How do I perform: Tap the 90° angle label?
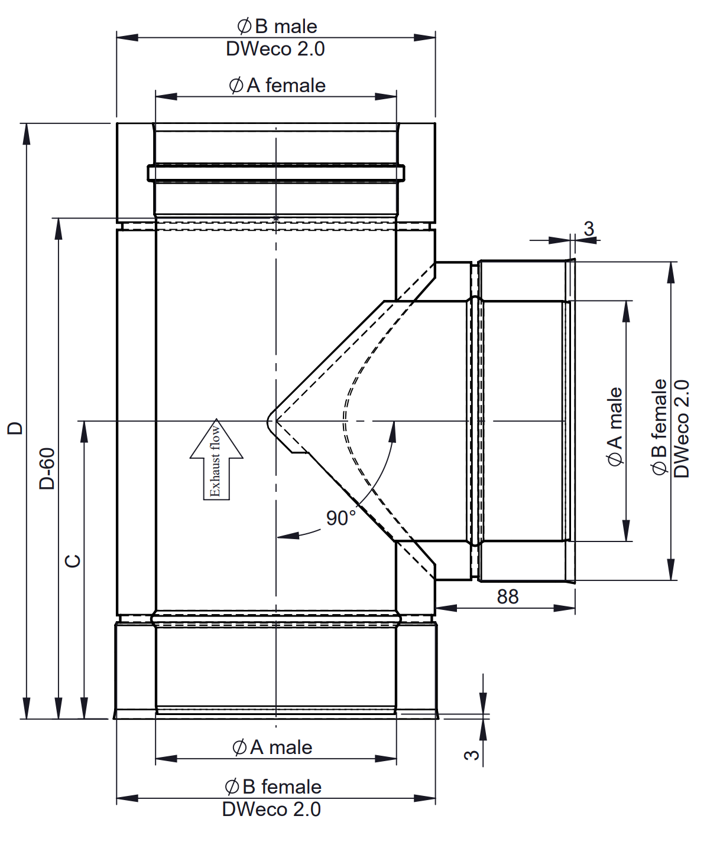(340, 518)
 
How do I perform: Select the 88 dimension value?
(507, 596)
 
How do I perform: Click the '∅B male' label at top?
(277, 26)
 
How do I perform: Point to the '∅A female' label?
(277, 85)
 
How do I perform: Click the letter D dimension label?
(15, 427)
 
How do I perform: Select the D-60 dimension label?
(47, 468)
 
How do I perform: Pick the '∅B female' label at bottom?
(273, 786)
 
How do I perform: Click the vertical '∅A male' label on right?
(615, 426)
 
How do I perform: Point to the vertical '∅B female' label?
(659, 426)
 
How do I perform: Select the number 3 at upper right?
(589, 229)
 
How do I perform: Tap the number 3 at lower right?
(472, 755)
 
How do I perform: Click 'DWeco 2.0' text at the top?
(275, 49)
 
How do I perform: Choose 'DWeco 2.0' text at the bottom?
(271, 809)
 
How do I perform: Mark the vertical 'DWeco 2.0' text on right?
(681, 428)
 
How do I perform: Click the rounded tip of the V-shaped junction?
(270, 421)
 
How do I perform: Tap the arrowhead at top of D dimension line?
(26, 133)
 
